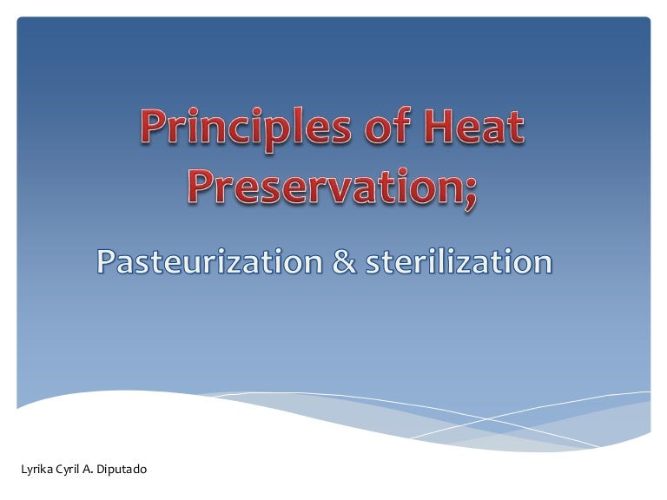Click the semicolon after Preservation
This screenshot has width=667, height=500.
[469, 189]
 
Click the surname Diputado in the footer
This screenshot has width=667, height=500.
[123, 470]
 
